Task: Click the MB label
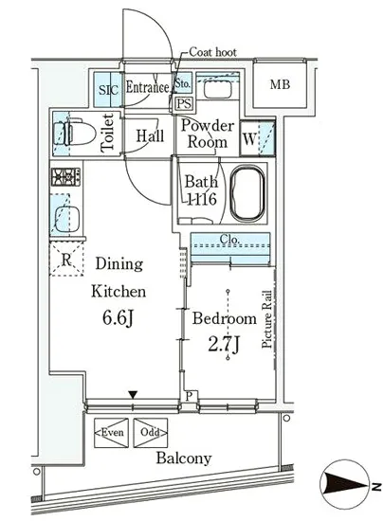coord(280,84)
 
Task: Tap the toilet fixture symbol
coord(75,134)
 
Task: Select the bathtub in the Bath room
coord(248,193)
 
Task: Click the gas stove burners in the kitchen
coord(65,177)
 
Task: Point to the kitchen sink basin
coord(66,219)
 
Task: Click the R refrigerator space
coord(66,260)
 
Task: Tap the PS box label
coord(184,103)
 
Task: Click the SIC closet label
coord(109,90)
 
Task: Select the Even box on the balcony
coord(111,433)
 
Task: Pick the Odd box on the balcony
coord(151,433)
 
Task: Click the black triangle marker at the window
coord(133,395)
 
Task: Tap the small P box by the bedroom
coord(190,396)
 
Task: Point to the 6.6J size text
coord(118,318)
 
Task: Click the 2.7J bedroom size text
coord(224,345)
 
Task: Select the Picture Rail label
coord(267,319)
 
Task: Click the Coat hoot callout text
coord(212,52)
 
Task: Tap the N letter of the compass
coord(376,487)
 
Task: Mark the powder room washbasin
coord(217,89)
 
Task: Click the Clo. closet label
coord(229,240)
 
